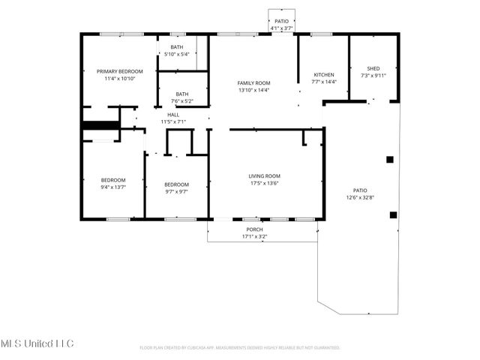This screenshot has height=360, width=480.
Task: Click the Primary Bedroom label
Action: point(119,71)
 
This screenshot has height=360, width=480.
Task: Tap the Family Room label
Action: point(253,82)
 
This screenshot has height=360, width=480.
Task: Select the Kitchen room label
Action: point(324,75)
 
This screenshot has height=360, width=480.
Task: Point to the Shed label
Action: point(370,68)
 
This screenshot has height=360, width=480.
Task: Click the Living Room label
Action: point(264,176)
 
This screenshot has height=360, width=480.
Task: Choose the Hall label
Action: point(173,115)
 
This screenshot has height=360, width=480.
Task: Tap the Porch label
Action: point(254,229)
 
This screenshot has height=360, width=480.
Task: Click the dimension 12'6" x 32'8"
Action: point(360,198)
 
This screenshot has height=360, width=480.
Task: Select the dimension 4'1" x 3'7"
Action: point(281,28)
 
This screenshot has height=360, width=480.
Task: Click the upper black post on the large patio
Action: point(389,159)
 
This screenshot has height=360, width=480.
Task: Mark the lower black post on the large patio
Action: point(393,214)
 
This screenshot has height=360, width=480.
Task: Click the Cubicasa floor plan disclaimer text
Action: point(240,348)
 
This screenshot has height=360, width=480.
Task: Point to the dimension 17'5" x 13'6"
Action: point(264,183)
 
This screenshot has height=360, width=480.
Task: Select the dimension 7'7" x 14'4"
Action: point(324,82)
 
